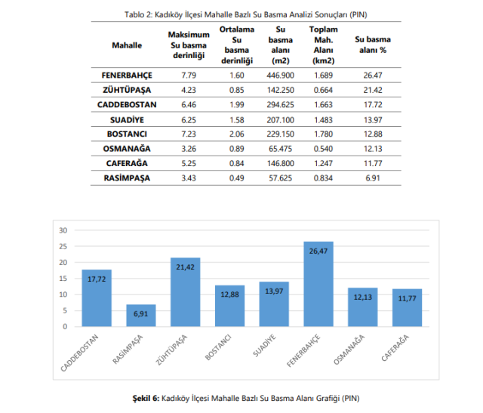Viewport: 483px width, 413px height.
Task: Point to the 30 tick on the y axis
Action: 64,230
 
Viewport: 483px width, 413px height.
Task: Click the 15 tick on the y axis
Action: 64,279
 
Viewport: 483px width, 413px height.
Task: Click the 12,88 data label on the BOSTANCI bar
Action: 229,294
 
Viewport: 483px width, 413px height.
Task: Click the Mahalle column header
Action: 127,45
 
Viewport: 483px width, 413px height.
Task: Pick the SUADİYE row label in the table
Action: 127,119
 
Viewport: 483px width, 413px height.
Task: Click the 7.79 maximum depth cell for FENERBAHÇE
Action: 189,76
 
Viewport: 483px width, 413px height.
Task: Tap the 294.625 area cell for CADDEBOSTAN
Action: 281,104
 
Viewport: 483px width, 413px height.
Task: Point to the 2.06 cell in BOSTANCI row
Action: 235,134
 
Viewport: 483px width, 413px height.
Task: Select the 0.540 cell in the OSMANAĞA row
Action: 323,148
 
